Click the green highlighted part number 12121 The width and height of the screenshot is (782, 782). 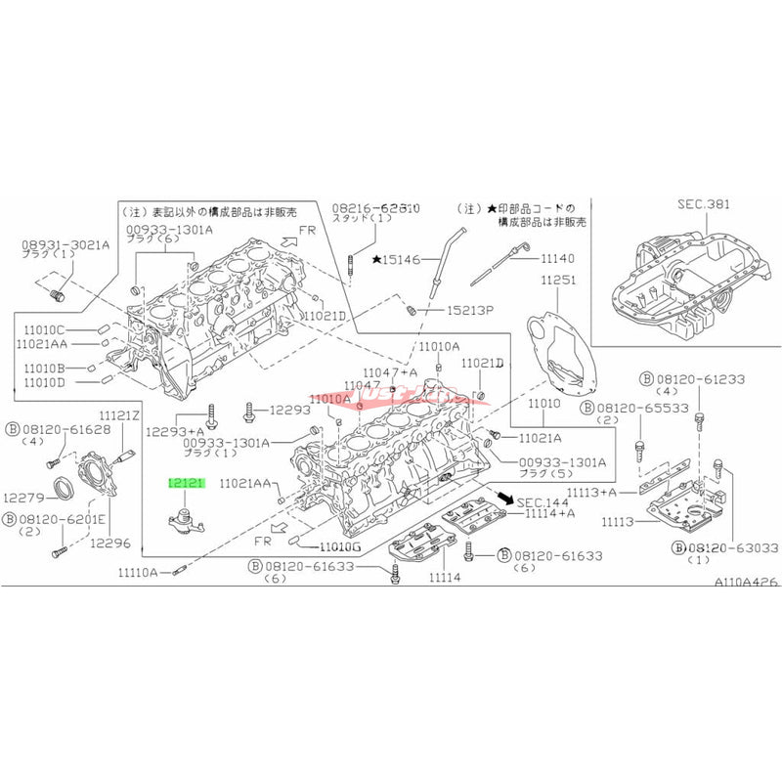[x=186, y=482]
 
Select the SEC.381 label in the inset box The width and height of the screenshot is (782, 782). [x=703, y=205]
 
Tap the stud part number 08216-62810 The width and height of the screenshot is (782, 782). [x=375, y=209]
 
